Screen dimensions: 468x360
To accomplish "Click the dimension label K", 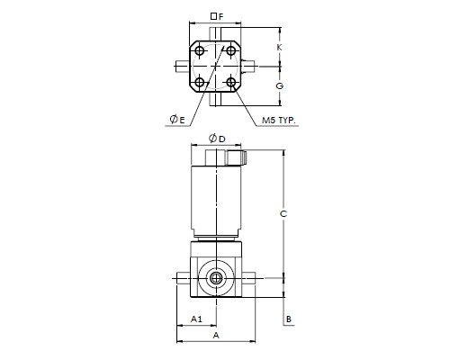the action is [279, 47].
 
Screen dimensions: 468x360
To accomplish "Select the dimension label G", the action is [280, 86].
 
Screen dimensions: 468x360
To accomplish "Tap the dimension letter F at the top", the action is [221, 16].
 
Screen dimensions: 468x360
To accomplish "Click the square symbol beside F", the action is [213, 16].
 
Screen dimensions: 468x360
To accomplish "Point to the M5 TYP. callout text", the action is [279, 121].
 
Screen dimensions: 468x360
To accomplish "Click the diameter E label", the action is [177, 120].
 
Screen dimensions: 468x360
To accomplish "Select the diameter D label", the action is [217, 139].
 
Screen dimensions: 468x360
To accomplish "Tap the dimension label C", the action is [283, 214].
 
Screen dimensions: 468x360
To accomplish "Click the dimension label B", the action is [289, 319].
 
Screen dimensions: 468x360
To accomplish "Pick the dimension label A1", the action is [196, 319].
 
